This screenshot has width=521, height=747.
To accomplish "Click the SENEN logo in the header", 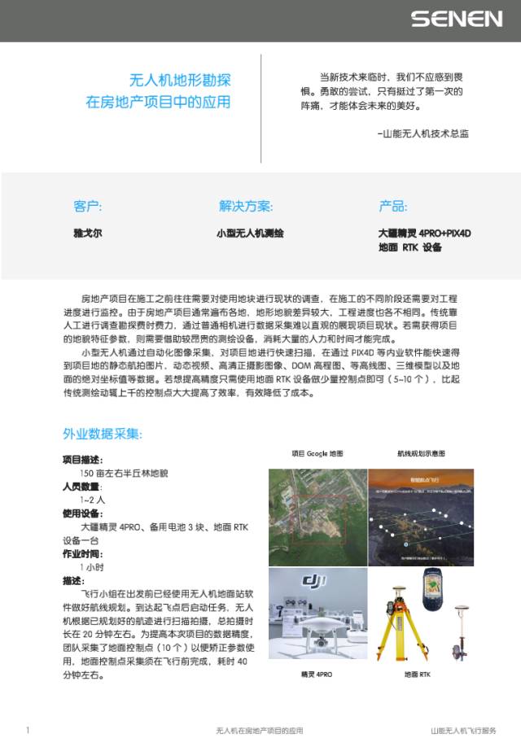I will [457, 18].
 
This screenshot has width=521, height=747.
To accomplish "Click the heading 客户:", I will [87, 206].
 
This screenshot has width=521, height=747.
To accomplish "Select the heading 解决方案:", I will [246, 206].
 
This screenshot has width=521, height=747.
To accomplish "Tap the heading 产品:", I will [393, 206].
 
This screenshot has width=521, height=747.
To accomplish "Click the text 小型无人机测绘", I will [250, 234].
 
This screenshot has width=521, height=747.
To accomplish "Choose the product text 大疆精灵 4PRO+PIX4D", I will [425, 233].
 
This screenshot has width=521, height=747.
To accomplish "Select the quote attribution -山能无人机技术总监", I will [423, 133].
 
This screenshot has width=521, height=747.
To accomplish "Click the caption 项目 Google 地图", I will [317, 454].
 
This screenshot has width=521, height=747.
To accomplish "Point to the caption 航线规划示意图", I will [421, 454].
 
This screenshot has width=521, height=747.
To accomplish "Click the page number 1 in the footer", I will [28, 731].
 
